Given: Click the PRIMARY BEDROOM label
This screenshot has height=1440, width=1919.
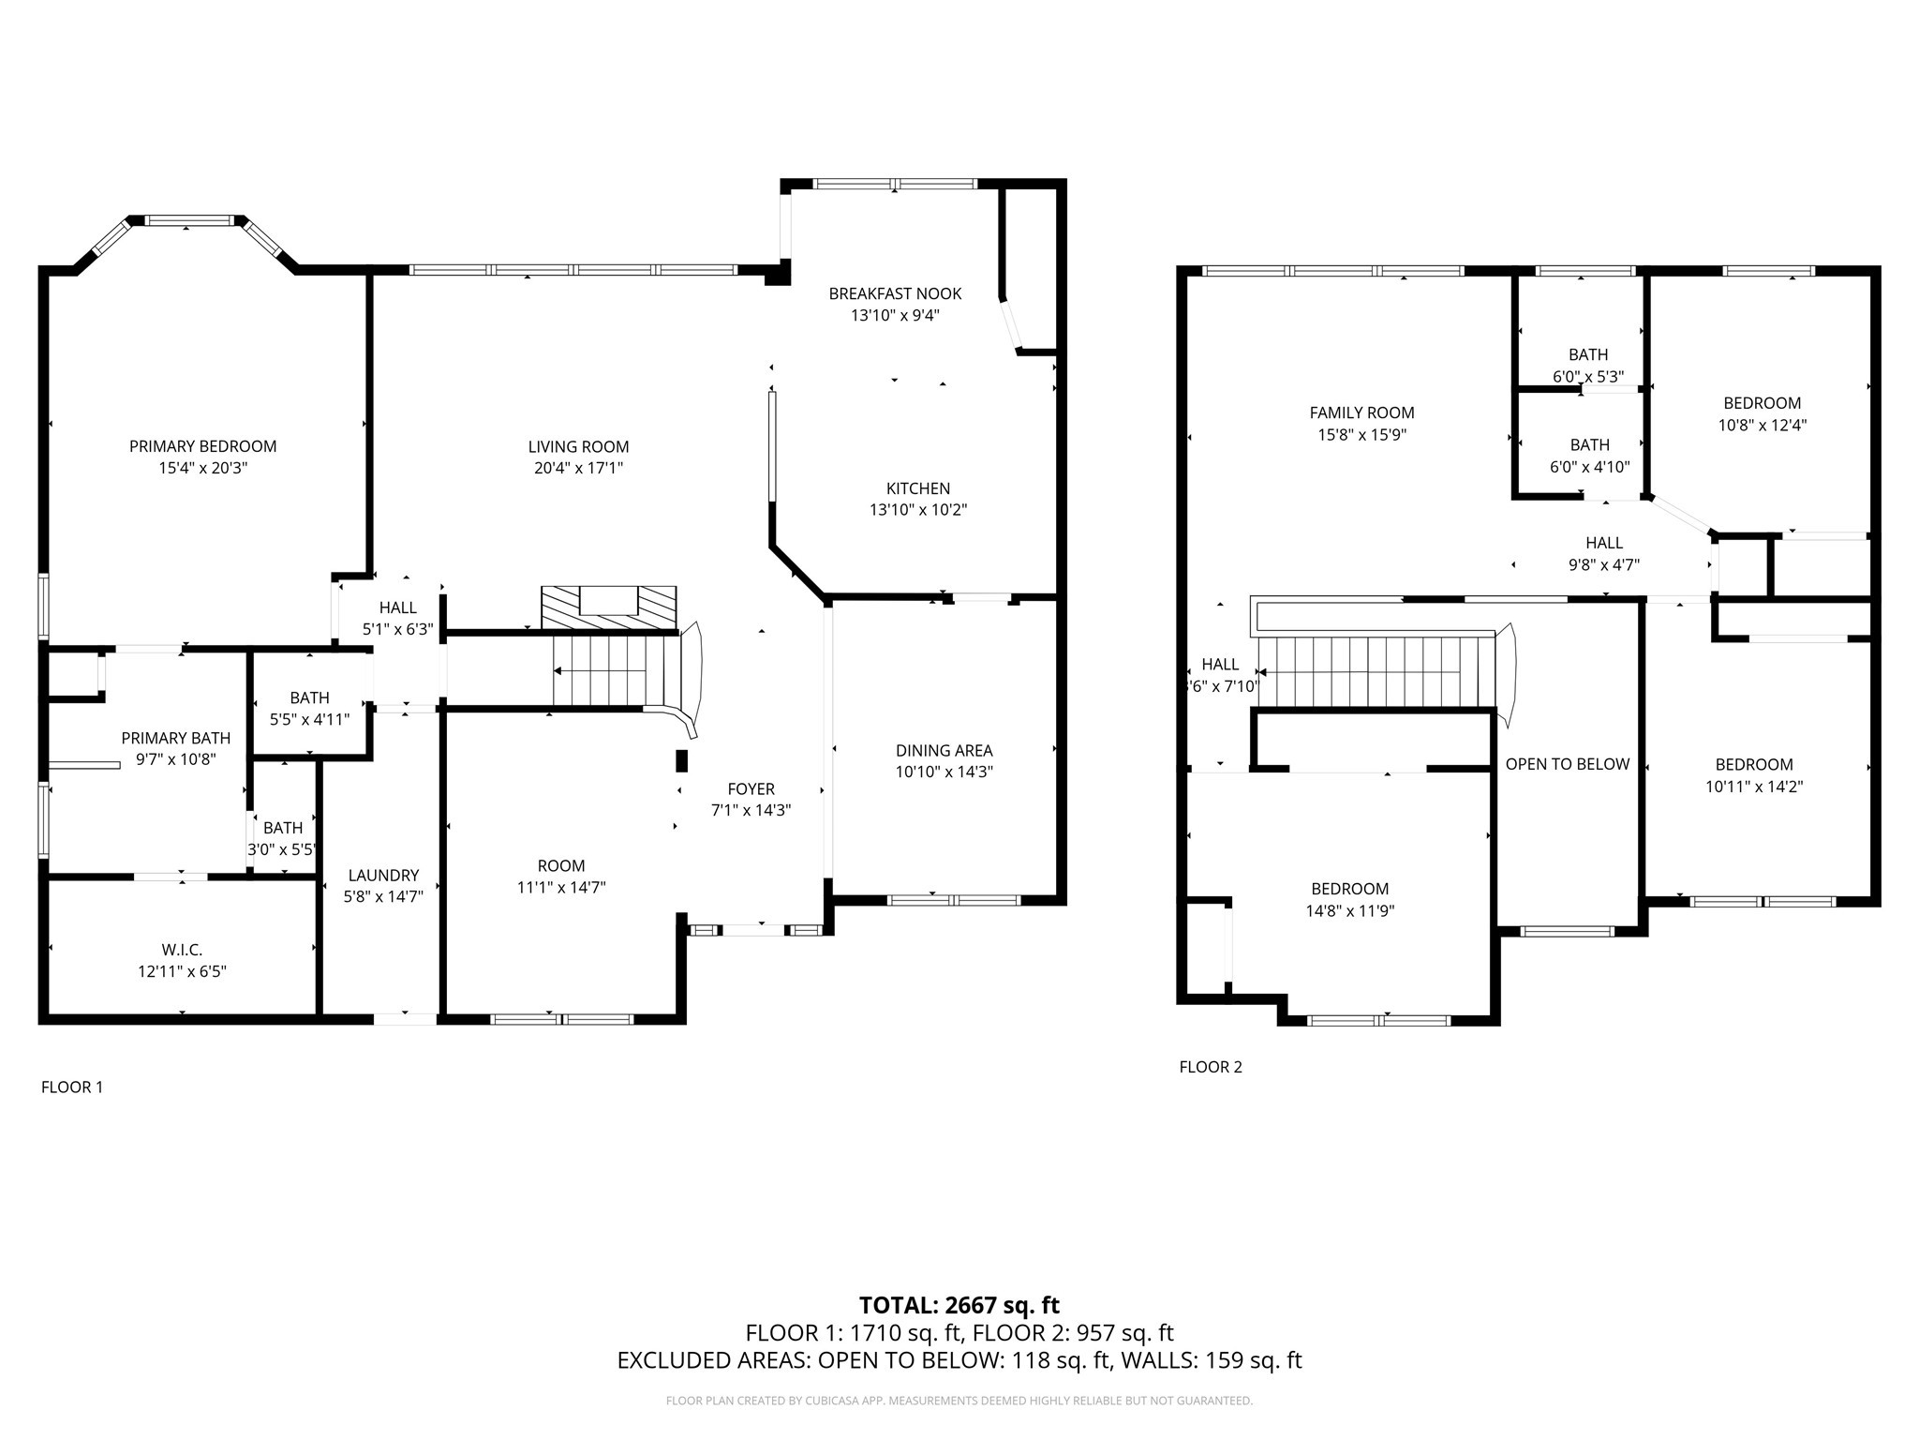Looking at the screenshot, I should coord(202,446).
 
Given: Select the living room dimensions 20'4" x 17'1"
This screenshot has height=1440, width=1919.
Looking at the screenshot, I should coord(578,468).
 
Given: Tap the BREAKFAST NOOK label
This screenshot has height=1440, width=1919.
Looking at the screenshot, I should coord(895,293).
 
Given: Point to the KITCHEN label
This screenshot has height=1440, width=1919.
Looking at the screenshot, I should coord(917,488).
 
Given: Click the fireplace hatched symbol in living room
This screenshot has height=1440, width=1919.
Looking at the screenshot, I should coord(608,607).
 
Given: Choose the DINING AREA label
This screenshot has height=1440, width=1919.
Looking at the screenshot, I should coord(944,750).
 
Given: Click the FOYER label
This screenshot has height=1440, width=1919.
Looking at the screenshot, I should coord(751,789).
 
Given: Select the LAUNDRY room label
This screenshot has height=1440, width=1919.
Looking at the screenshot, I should coord(383,876).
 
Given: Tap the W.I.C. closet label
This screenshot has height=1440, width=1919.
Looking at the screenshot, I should coord(182,951).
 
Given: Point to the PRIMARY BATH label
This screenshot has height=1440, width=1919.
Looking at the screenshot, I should coord(175,738).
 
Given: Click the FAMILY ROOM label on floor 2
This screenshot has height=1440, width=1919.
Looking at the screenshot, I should coord(1361,412).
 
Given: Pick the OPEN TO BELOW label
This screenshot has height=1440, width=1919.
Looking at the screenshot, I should coord(1567,764).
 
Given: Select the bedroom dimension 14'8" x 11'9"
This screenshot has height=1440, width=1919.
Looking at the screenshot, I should coord(1349,910).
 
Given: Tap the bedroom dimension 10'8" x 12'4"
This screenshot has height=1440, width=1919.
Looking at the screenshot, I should coord(1762,425).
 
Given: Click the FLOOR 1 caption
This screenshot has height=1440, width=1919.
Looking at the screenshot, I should coord(72,1087).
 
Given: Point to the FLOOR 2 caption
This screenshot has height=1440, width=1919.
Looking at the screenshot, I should coord(1210,1067).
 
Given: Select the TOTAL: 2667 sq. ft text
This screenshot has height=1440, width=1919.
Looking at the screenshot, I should coord(959,1305).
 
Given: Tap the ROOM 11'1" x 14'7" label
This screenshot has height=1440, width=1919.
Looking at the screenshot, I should coord(560,877).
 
